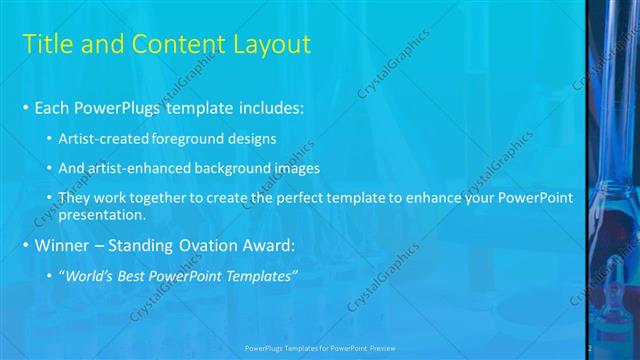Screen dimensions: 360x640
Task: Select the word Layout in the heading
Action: tap(272, 44)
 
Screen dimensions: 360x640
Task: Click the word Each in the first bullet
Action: tap(51, 107)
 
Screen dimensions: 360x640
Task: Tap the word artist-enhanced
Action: tap(139, 168)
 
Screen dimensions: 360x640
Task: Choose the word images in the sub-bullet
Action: tap(295, 168)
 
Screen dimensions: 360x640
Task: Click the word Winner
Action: tap(64, 245)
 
